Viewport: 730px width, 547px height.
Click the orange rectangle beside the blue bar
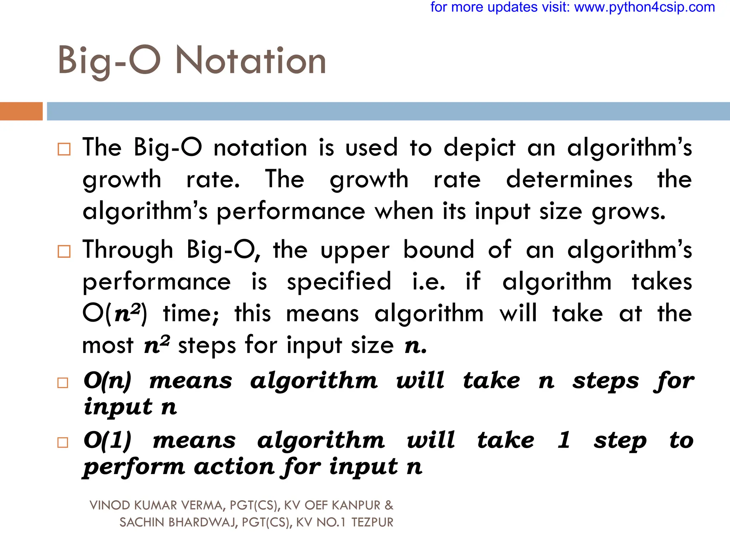tap(21, 111)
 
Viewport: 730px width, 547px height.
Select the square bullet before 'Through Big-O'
tap(64, 251)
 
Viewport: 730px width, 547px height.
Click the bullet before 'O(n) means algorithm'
tap(63, 383)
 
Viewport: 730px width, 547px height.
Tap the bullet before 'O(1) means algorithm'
tap(63, 443)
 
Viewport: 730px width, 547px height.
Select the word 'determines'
tap(569, 179)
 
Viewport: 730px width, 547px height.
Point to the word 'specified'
tap(339, 282)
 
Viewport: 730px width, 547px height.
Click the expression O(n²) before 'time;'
tap(114, 314)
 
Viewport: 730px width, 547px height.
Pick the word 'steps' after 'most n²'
tap(207, 345)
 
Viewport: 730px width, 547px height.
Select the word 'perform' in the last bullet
tap(134, 467)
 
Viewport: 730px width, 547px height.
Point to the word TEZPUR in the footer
tap(372, 522)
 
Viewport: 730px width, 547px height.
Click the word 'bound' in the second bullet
tap(438, 250)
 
